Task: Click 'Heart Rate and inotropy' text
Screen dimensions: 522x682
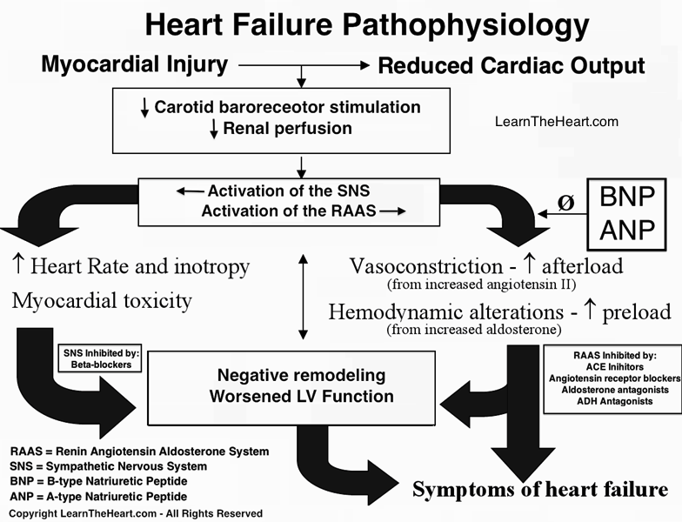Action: point(130,266)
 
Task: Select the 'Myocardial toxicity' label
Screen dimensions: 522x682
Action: point(102,301)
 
